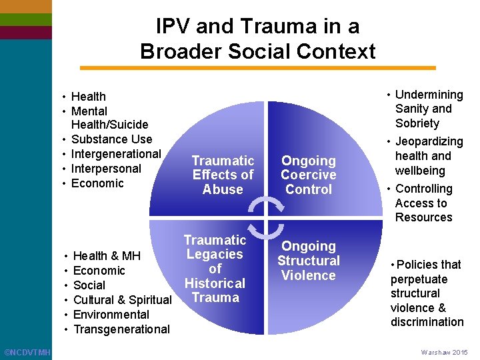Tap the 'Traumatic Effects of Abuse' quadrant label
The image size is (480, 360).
click(x=223, y=175)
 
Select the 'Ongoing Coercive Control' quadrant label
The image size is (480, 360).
click(x=308, y=175)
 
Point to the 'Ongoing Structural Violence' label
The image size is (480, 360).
click(x=308, y=261)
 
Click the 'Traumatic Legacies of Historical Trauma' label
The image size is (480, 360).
click(x=215, y=269)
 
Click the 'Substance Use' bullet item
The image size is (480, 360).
click(x=111, y=139)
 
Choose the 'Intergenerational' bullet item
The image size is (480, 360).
click(x=116, y=154)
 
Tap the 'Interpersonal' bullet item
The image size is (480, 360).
click(x=106, y=169)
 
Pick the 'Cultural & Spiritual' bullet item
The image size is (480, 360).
click(x=122, y=300)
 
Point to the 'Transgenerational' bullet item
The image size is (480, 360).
click(x=121, y=329)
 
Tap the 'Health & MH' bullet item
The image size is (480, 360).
click(x=106, y=256)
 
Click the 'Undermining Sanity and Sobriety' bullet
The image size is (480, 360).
click(x=427, y=109)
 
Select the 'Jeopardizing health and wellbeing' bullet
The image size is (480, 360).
click(x=427, y=156)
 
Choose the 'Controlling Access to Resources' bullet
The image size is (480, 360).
click(x=423, y=203)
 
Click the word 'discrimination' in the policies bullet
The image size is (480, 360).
click(x=427, y=322)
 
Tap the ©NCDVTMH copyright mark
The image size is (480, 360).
click(x=27, y=351)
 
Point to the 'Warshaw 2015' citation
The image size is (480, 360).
click(x=444, y=352)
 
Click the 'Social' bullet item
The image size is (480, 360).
click(x=89, y=285)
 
